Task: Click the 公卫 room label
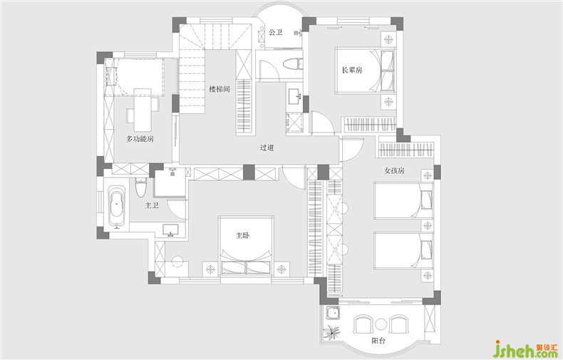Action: [x=276, y=32]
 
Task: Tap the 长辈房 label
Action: [x=352, y=71]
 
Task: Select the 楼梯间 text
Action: [x=219, y=89]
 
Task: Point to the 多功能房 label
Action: [x=140, y=139]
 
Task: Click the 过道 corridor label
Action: [x=267, y=148]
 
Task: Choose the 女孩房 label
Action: [x=395, y=170]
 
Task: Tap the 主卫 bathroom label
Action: [x=152, y=205]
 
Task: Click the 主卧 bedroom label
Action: [x=243, y=236]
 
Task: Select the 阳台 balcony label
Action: [x=378, y=340]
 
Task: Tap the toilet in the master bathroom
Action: [x=141, y=187]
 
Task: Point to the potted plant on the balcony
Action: [x=331, y=332]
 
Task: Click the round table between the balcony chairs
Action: [x=381, y=325]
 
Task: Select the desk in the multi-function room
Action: [x=143, y=110]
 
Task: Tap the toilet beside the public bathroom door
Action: [x=293, y=64]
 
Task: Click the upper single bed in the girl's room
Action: [x=403, y=200]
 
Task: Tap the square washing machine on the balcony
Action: [x=334, y=313]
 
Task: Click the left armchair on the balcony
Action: [x=363, y=324]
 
